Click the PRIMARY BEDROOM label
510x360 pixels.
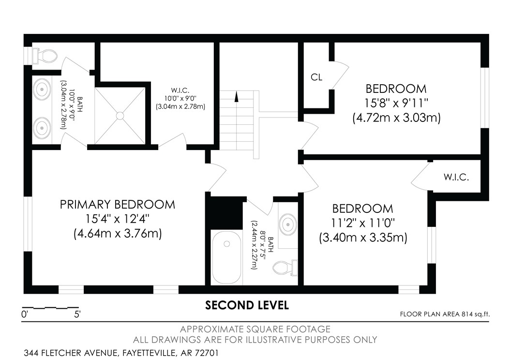pyautogui.click(x=117, y=204)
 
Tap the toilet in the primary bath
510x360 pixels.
pyautogui.click(x=44, y=56)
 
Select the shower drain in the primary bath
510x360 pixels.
pyautogui.click(x=119, y=116)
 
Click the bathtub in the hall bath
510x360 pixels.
pyautogui.click(x=226, y=257)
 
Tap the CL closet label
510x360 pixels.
pyautogui.click(x=316, y=77)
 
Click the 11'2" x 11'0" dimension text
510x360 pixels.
pyautogui.click(x=363, y=223)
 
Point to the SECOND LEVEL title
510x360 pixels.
pyautogui.click(x=247, y=305)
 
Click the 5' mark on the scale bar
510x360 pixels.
pyautogui.click(x=77, y=314)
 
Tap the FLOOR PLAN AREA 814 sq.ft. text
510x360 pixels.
pyautogui.click(x=445, y=314)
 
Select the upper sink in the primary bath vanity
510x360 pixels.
pyautogui.click(x=43, y=90)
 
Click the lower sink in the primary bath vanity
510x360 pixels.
pyautogui.click(x=43, y=128)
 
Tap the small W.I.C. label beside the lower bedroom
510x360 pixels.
pyautogui.click(x=456, y=177)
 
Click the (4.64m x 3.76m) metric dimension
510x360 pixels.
pyautogui.click(x=117, y=234)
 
